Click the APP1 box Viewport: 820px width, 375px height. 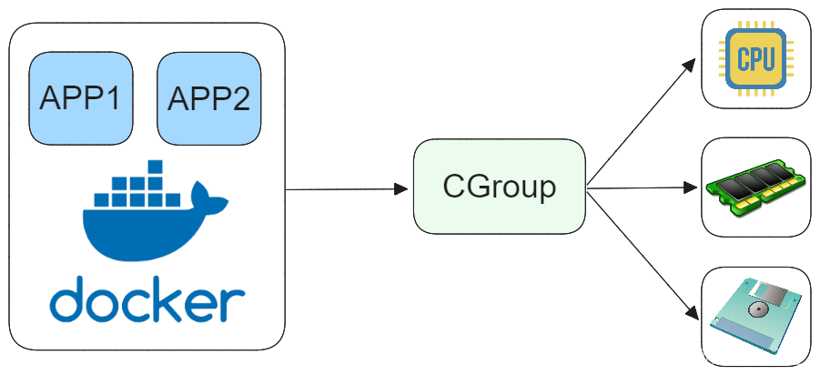[x=81, y=98]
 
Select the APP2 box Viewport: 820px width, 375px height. [x=208, y=98]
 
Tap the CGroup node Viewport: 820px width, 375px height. [x=499, y=187]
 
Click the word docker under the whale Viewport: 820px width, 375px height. [x=147, y=299]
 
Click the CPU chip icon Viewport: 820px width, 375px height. [x=755, y=60]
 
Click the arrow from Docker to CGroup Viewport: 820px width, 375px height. [x=346, y=189]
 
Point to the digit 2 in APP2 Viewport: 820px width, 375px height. [x=238, y=99]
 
